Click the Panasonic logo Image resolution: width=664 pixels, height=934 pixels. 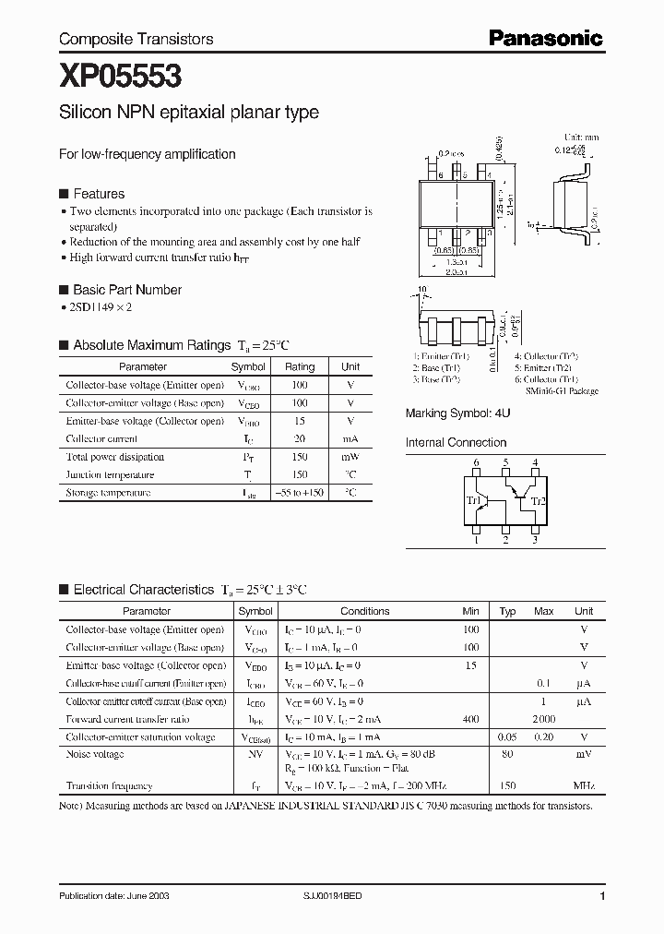click(545, 38)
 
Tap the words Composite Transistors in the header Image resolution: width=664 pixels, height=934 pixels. click(136, 39)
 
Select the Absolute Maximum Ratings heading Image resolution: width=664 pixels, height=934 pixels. click(151, 345)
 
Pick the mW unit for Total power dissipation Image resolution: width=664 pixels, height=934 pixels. click(350, 457)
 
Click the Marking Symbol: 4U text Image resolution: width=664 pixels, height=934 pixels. click(457, 413)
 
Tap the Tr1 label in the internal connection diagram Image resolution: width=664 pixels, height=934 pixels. click(474, 501)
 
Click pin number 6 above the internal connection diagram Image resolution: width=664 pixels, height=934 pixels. click(476, 462)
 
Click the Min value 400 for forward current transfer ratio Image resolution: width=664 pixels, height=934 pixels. click(470, 719)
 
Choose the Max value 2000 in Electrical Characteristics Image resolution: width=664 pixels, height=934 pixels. click(543, 719)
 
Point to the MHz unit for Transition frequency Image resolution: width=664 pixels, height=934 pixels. click(583, 785)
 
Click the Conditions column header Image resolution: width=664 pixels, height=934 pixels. click(364, 611)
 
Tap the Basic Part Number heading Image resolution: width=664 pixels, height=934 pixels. click(127, 290)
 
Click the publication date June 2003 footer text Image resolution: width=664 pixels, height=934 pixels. click(113, 896)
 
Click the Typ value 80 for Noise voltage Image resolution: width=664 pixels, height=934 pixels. click(507, 754)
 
